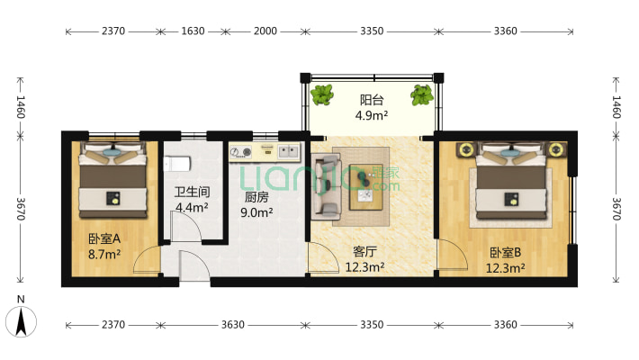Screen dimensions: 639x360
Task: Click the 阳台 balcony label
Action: pos(372,100)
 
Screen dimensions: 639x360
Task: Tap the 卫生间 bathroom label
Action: pos(192,192)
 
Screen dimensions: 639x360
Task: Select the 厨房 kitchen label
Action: pos(256,197)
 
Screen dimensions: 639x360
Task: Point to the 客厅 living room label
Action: pos(364,252)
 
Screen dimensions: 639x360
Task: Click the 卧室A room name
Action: pos(104,238)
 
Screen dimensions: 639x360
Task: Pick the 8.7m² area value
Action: pos(104,255)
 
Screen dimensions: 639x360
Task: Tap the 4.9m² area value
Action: pos(372,115)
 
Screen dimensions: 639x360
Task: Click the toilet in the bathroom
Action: pos(177,164)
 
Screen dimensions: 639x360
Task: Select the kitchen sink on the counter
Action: pos(289,152)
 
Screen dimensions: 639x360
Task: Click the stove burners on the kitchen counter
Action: pos(240,152)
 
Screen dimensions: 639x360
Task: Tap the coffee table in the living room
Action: pos(366,186)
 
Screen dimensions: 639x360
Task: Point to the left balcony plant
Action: pos(322,94)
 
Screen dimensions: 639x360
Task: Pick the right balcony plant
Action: pos(422,95)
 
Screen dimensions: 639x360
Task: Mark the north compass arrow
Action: pos(21,322)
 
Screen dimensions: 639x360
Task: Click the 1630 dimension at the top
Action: pos(193,31)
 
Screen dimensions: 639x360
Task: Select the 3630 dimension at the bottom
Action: pos(233,325)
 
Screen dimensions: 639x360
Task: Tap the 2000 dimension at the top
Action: pos(265,31)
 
